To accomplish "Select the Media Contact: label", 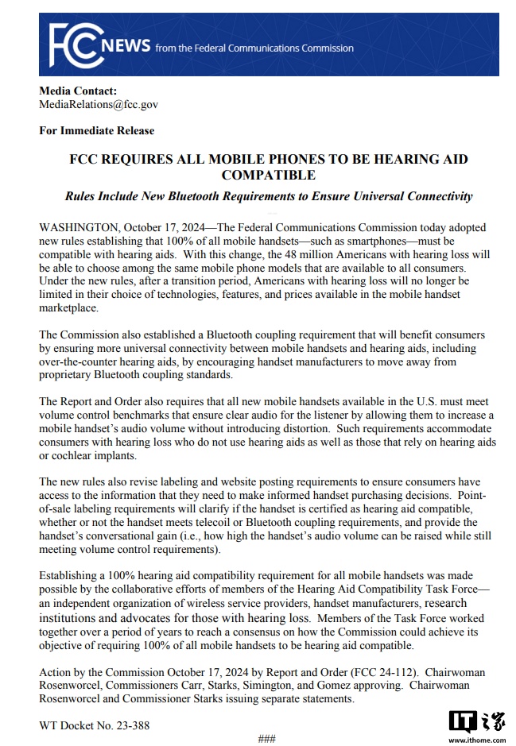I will point(78,91).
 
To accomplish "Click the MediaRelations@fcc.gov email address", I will point(99,104).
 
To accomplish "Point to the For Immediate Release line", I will point(96,130).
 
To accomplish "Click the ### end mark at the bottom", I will point(267,739).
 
